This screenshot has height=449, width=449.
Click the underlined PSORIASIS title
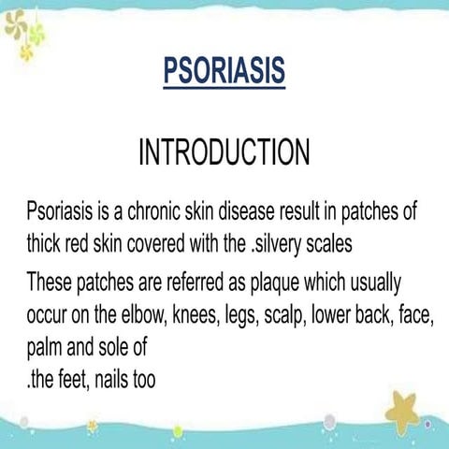[224, 71]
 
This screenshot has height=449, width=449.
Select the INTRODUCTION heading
[224, 153]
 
